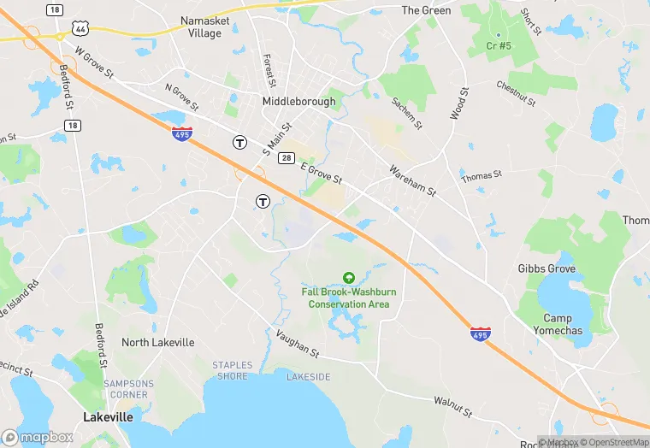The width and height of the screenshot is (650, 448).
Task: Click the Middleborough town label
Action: click(x=298, y=101)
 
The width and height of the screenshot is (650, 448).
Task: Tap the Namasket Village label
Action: click(x=201, y=26)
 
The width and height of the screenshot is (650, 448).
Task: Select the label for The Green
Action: click(x=426, y=10)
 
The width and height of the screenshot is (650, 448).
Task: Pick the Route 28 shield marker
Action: click(x=287, y=158)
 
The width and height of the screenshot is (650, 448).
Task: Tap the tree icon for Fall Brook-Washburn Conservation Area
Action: click(x=348, y=278)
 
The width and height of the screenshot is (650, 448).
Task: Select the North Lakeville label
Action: click(x=157, y=342)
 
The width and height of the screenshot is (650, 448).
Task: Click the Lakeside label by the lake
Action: click(x=308, y=376)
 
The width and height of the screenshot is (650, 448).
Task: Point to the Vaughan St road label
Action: click(x=296, y=345)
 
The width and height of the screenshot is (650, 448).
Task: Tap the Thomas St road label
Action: click(x=481, y=176)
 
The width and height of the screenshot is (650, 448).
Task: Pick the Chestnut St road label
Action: click(x=516, y=94)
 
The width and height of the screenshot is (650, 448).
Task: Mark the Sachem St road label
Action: click(x=407, y=112)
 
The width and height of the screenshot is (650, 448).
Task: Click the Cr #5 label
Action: click(x=498, y=45)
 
